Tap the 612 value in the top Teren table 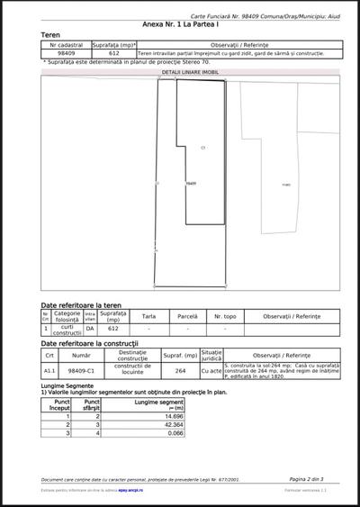[113, 53]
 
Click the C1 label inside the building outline [202, 147]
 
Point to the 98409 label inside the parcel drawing [191, 183]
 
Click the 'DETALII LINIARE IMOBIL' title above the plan [189, 70]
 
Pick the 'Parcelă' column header [187, 316]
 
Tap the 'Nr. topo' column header [224, 316]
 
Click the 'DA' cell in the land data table [90, 330]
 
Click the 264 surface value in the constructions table [180, 369]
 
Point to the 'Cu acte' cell [211, 369]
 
